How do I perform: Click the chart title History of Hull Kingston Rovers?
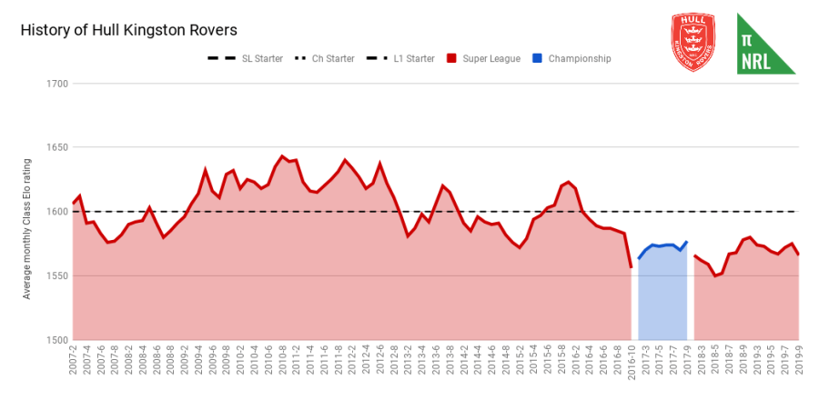(128, 30)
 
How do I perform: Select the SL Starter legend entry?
(246, 59)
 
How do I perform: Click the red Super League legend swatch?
(451, 59)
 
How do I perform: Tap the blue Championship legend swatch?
(539, 59)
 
